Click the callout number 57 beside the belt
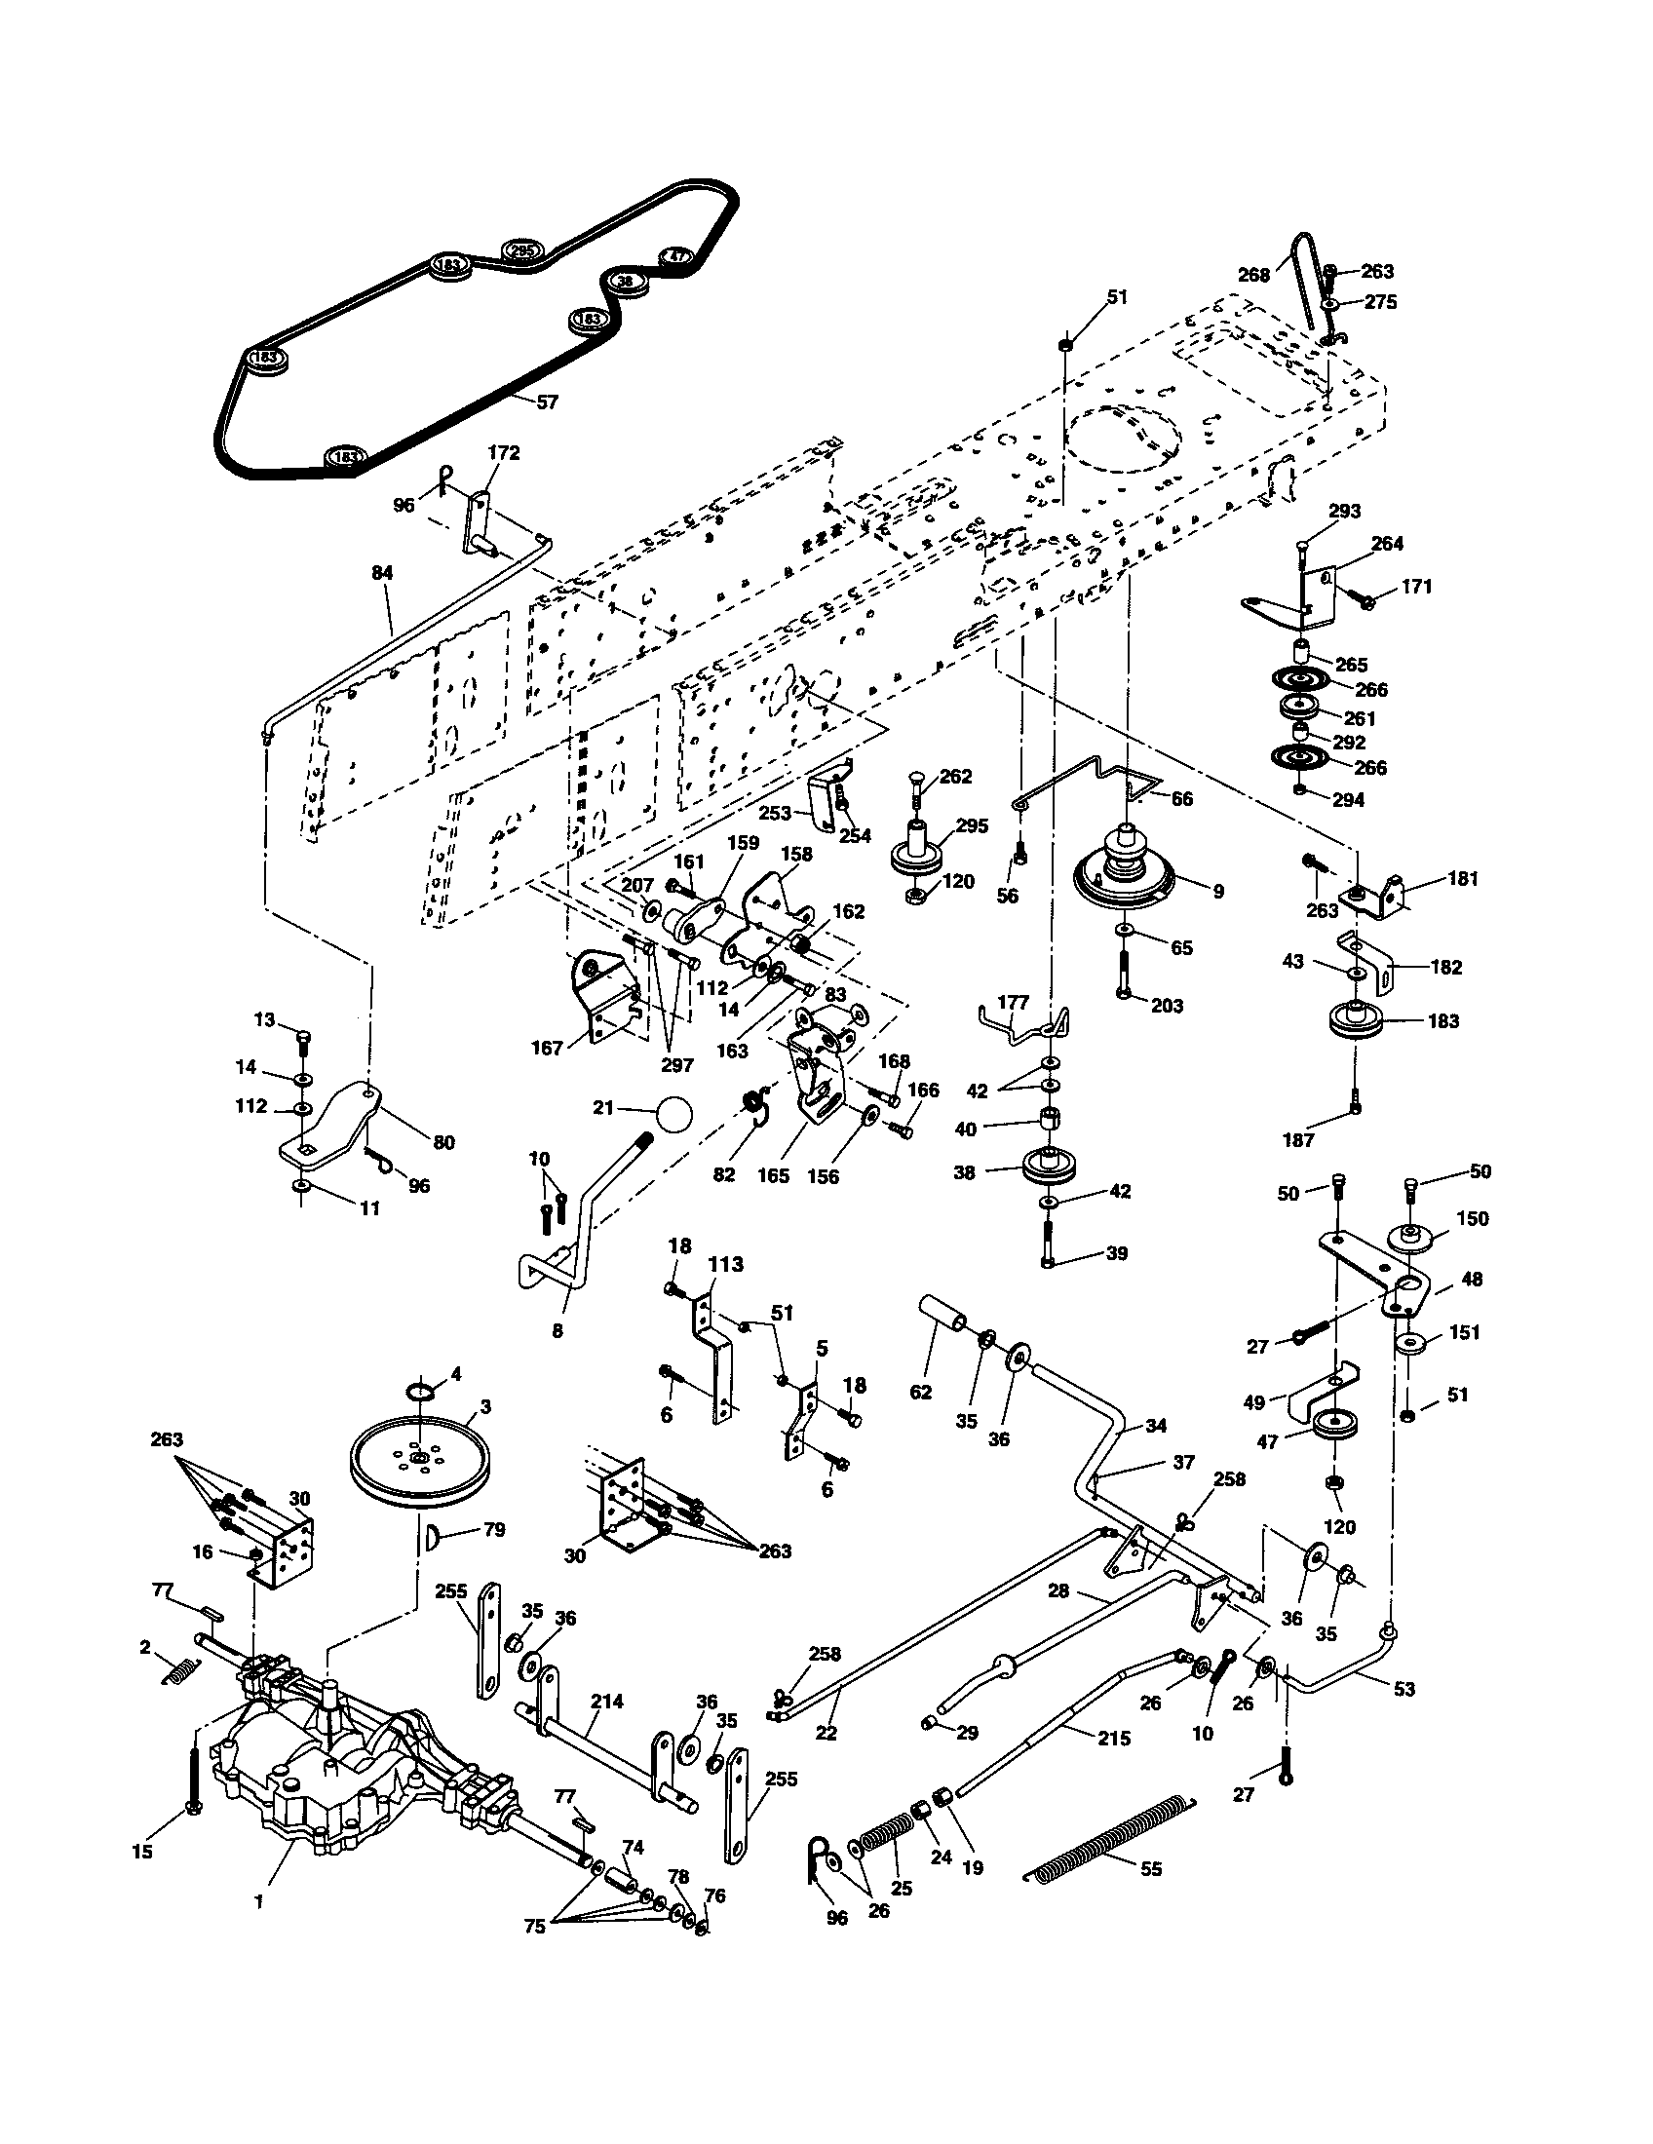click(547, 402)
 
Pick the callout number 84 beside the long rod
click(382, 571)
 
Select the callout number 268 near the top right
click(1253, 275)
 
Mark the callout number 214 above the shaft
click(606, 1701)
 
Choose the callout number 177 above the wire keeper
click(1013, 1001)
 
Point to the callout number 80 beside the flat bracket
click(443, 1143)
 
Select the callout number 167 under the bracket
click(547, 1049)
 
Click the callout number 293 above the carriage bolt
click(1345, 511)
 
